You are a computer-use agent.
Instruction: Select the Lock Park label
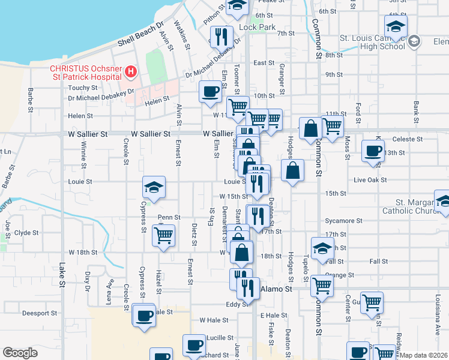257,27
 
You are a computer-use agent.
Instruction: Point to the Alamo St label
276,289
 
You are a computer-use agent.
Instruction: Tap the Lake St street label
62,269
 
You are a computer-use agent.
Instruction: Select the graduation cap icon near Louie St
154,186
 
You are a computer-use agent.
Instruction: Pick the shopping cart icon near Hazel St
163,235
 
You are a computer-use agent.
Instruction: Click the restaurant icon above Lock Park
221,37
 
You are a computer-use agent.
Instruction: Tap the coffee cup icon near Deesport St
144,315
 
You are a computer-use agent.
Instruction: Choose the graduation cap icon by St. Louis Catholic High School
396,26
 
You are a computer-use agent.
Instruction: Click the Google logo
20,353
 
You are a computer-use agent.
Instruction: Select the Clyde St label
26,233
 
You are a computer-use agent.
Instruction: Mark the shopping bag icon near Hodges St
292,170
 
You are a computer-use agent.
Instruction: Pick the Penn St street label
169,217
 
